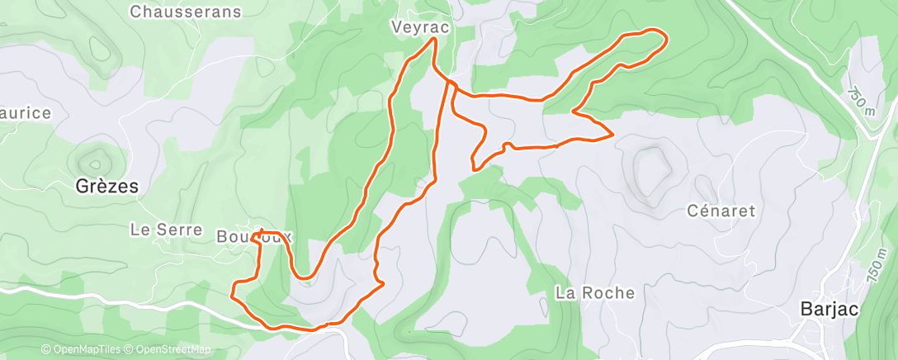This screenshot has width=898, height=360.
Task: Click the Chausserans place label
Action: coord(186,12)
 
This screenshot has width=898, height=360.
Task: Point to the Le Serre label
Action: coord(167,230)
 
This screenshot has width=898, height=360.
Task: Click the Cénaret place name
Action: coord(721,211)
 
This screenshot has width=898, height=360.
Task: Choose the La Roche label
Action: coord(595,292)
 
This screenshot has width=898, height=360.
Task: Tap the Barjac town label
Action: coord(829,310)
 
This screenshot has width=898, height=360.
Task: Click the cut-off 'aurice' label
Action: coord(26,113)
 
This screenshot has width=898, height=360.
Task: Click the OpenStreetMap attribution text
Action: coord(173,349)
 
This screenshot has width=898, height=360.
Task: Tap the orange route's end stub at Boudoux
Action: coord(262,230)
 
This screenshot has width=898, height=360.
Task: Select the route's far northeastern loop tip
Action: coord(663,36)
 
